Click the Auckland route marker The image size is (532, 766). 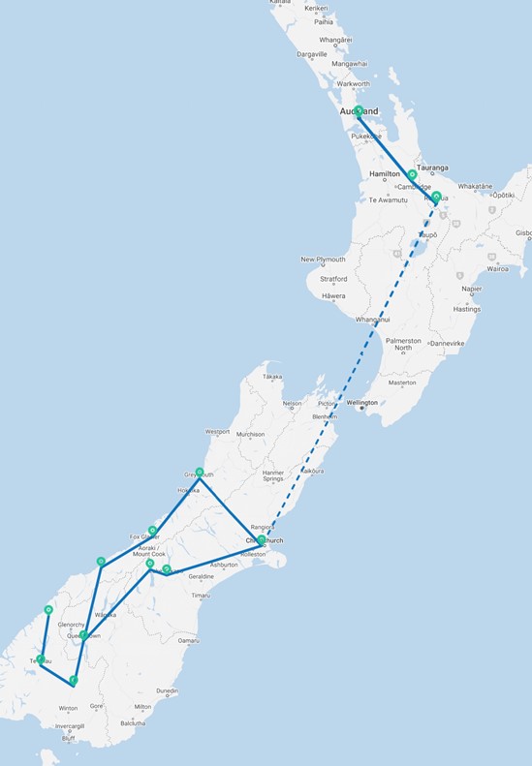click(359, 110)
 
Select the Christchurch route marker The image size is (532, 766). click(262, 539)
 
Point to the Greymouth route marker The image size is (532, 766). click(200, 473)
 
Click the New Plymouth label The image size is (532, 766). click(322, 260)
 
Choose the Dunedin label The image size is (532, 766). click(167, 690)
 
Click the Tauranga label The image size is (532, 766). click(432, 168)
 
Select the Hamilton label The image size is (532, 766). click(385, 173)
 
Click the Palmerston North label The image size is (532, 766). click(402, 344)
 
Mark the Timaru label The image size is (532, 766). click(201, 595)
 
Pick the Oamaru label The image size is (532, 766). click(188, 640)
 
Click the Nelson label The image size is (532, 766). click(292, 404)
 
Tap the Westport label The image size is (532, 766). click(217, 431)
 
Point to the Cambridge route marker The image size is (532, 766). click(412, 175)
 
